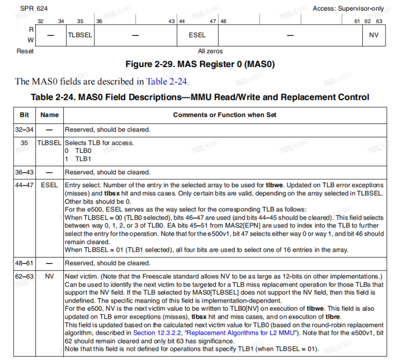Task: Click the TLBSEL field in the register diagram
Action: click(80, 35)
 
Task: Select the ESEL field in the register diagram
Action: click(197, 35)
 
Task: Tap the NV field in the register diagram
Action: click(374, 35)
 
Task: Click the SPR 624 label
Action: click(34, 9)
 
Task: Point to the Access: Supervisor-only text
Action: click(348, 9)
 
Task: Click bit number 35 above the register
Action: click(80, 21)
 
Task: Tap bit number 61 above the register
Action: click(357, 21)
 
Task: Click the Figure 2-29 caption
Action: click(200, 64)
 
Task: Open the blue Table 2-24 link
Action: click(167, 82)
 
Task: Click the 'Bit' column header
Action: click(24, 114)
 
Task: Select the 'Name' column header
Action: click(49, 114)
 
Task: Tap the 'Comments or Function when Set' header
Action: click(224, 114)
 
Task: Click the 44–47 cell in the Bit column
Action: click(24, 185)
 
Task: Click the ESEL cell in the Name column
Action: click(49, 185)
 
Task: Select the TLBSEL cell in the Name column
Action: click(49, 143)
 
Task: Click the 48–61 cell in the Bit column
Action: click(24, 263)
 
